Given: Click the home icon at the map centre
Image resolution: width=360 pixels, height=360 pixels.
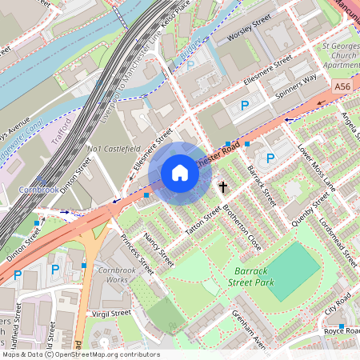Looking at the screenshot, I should click(180, 173).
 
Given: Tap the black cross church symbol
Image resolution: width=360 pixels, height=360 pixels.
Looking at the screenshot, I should click(224, 187).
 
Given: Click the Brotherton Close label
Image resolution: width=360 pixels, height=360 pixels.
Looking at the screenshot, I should click(242, 227).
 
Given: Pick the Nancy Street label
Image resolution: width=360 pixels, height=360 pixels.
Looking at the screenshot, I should click(158, 250).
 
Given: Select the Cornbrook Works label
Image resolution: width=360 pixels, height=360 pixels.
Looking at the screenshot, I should click(117, 274).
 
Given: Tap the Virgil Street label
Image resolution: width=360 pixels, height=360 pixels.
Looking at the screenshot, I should click(110, 314).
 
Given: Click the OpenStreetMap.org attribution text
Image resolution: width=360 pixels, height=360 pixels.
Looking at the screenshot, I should click(104, 354).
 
